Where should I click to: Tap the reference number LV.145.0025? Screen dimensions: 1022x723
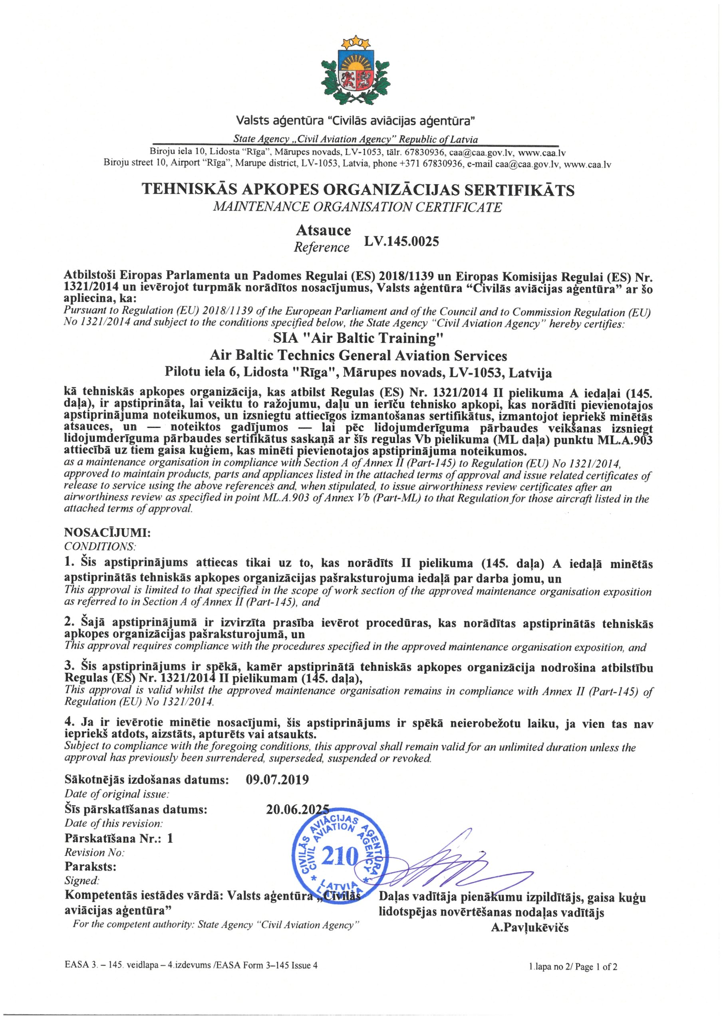coord(401,241)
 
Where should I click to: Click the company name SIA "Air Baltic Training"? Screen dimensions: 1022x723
coord(359,338)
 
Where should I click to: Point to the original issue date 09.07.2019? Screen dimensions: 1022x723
coord(277,780)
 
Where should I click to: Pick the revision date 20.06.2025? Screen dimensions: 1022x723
coord(297,809)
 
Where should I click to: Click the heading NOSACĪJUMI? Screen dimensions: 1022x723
coord(108,533)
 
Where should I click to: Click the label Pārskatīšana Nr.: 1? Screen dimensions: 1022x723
coord(119,838)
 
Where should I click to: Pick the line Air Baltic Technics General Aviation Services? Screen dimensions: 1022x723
coord(358,356)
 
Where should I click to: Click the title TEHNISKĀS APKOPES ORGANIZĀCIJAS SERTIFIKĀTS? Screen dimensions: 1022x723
coord(358,190)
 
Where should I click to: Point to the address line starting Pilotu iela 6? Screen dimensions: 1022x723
coord(358,372)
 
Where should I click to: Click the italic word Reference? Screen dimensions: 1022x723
coord(322,248)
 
